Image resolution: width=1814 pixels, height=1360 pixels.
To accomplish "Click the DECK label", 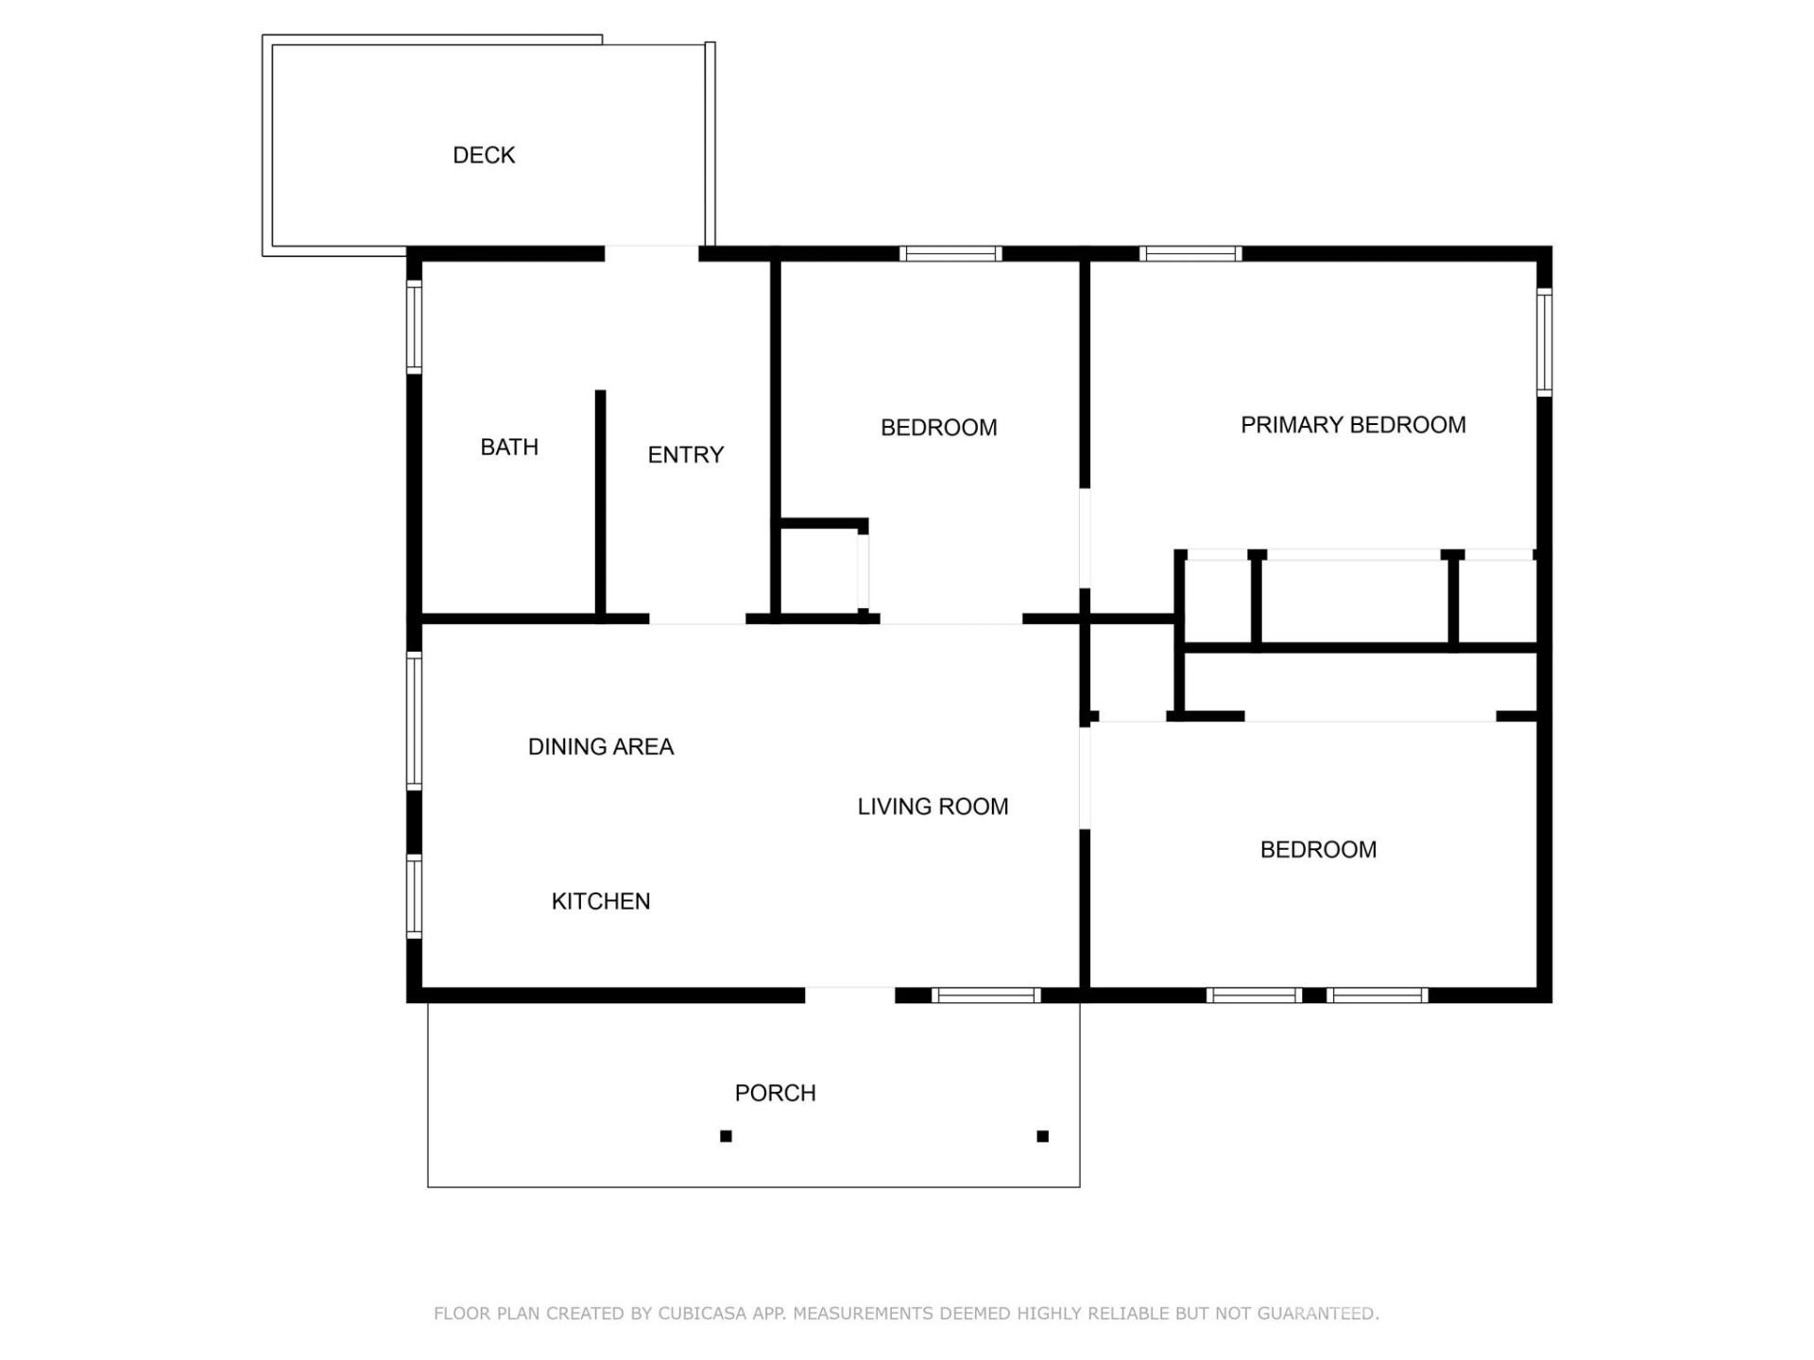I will coord(484,155).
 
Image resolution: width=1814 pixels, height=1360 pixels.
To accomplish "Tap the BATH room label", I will coord(509,447).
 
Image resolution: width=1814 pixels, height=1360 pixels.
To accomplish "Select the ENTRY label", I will coord(685,455).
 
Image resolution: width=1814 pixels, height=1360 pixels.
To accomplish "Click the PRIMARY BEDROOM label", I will coord(1353,425).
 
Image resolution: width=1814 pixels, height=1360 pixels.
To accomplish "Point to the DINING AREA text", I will coord(600,747).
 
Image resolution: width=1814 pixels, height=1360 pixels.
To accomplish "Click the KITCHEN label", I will coord(600,901).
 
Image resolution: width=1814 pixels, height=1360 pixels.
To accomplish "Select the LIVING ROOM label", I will coord(933,807).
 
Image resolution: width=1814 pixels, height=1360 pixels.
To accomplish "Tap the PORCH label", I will coord(775,1093).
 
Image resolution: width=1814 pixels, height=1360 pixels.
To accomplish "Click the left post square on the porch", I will coord(726,1136).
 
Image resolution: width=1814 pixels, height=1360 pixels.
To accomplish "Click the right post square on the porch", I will coord(1042,1136).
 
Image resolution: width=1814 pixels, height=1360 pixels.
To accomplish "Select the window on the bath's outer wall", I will coord(414,327).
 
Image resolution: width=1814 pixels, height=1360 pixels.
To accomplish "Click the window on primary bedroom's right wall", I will coord(1544,342).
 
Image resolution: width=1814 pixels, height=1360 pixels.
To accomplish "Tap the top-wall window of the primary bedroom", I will coord(1189,253).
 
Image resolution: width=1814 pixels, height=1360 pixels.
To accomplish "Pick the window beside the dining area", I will coord(414,720).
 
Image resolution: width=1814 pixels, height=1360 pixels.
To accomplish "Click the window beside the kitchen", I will coord(414,895).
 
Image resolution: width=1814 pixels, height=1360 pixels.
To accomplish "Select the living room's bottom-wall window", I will coord(985,995).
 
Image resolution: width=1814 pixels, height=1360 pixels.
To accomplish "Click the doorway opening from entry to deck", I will coord(651,253).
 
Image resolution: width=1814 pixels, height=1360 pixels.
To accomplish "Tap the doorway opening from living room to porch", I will coord(849,995).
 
